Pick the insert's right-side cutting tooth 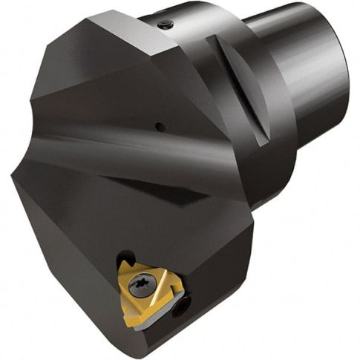(174, 290)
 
